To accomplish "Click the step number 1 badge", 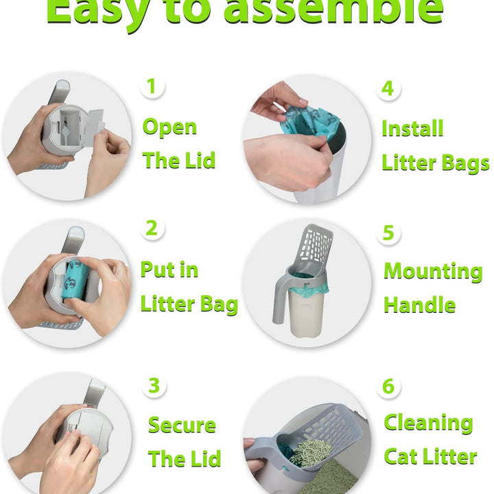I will [x=152, y=86].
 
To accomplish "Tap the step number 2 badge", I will [x=152, y=228].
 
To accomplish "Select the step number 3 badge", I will [x=154, y=385].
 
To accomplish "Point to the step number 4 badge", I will [x=388, y=89].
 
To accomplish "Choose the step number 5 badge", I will [x=388, y=233].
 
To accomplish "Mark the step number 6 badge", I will [x=388, y=386].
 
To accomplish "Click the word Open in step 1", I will [x=169, y=127].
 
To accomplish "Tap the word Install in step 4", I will [x=412, y=128].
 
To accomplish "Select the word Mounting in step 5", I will [x=433, y=271].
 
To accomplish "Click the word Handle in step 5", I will [x=419, y=305].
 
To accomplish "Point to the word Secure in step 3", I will [x=182, y=425].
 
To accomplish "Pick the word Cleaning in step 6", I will [x=428, y=423].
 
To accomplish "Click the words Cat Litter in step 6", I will [x=430, y=456].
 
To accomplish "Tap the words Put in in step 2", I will [x=169, y=270].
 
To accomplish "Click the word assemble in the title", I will [x=333, y=10].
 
